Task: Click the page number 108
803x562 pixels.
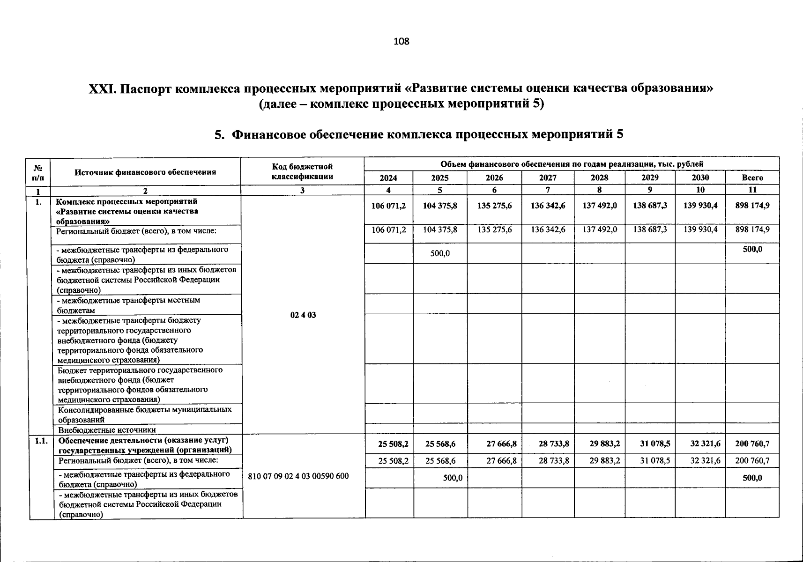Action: tap(401, 41)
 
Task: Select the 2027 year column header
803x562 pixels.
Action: tap(548, 178)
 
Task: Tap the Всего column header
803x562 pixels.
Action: tap(752, 178)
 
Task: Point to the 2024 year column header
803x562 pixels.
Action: tap(388, 178)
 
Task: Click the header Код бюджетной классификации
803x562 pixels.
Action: tap(302, 172)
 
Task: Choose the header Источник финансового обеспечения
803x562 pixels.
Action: tap(145, 172)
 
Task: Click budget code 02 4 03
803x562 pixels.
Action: tap(303, 315)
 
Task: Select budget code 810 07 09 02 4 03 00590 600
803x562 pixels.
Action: tap(298, 476)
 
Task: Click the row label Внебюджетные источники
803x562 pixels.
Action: tap(107, 429)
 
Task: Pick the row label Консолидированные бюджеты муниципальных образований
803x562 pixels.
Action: tap(145, 414)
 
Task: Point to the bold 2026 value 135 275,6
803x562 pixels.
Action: tap(494, 206)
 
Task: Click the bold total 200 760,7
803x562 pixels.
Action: tap(752, 444)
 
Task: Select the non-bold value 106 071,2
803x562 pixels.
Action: tap(388, 229)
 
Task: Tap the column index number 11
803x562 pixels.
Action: tap(752, 190)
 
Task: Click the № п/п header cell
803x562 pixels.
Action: tap(39, 172)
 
